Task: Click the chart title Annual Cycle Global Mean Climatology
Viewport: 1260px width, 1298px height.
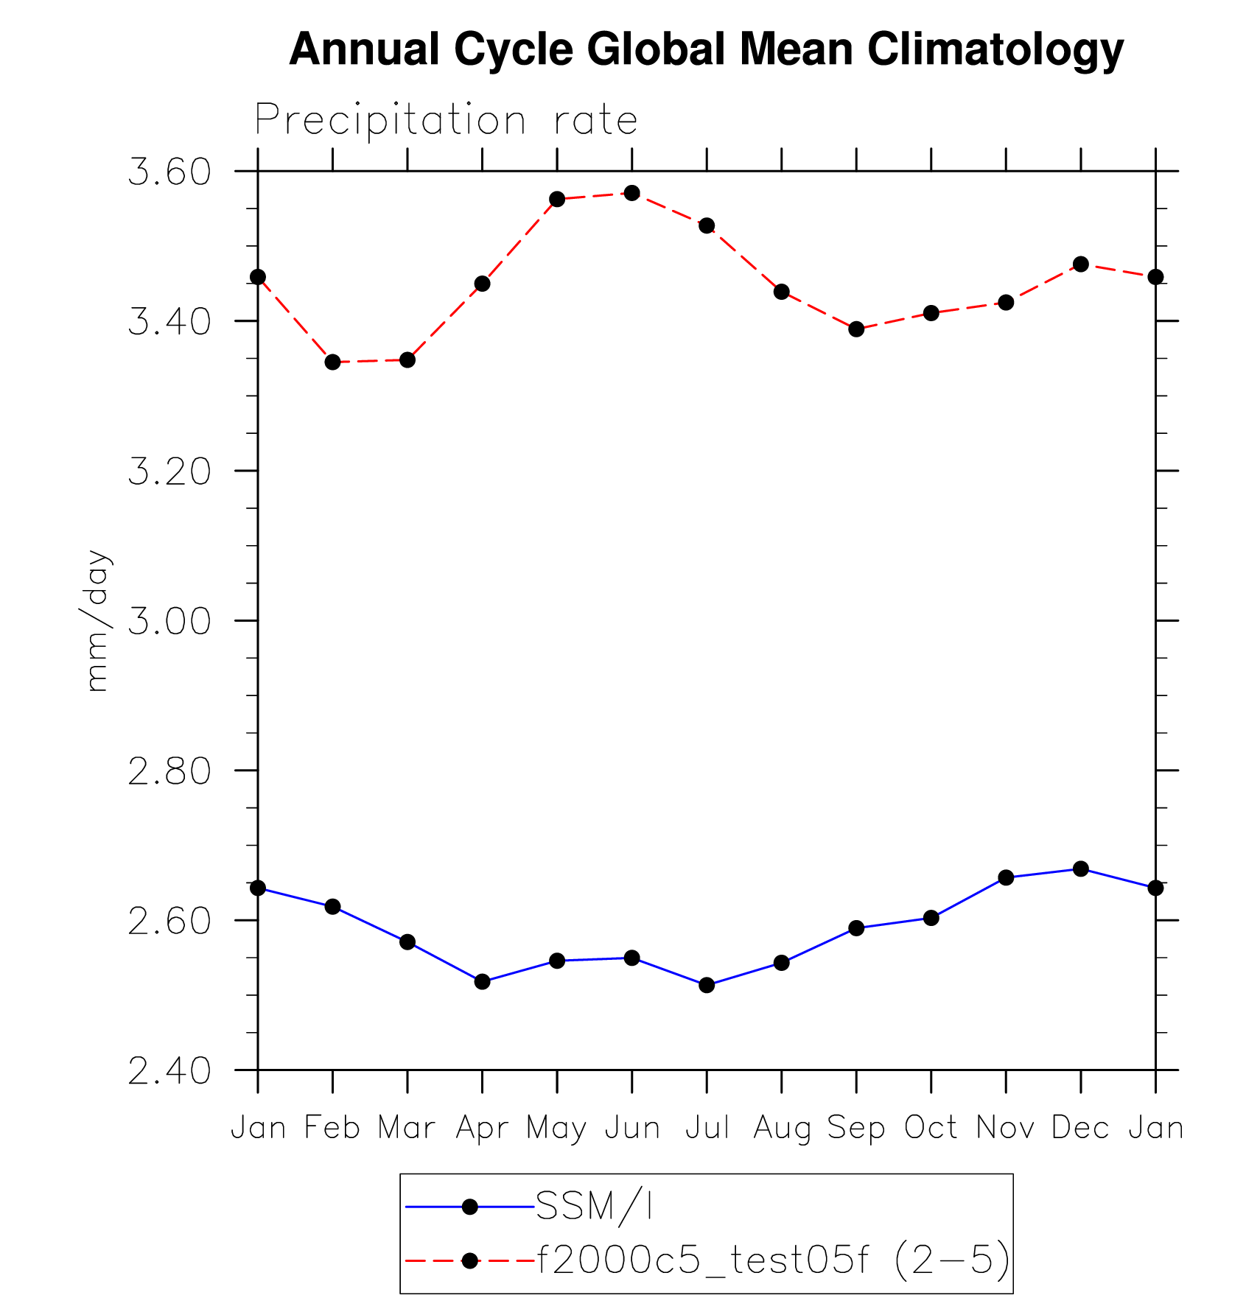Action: point(706,49)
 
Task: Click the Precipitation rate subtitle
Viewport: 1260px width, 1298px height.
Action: point(446,119)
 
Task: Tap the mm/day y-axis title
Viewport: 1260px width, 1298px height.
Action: point(97,620)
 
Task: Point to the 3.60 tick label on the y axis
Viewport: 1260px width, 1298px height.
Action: point(169,172)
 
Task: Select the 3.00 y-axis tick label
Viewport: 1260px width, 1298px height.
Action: point(169,621)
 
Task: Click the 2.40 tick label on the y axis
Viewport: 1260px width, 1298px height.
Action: point(169,1071)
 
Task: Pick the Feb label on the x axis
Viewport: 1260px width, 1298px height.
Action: point(332,1128)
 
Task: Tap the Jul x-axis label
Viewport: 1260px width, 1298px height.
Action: point(707,1128)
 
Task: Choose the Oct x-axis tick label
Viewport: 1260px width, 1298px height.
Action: point(931,1128)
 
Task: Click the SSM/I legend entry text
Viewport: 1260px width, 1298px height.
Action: point(594,1207)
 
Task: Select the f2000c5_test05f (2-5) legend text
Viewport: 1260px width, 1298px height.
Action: point(773,1260)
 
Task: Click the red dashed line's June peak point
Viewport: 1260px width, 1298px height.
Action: point(631,193)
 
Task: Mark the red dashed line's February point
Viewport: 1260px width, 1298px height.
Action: point(332,362)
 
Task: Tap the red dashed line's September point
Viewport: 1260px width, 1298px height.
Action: point(856,329)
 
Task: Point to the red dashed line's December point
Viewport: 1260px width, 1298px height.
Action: point(1081,264)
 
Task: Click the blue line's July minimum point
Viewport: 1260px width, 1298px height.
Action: point(707,985)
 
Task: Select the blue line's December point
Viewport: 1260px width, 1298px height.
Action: point(1081,869)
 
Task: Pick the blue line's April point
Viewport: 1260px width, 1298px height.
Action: point(482,981)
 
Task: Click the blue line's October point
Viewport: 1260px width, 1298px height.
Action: point(931,917)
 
